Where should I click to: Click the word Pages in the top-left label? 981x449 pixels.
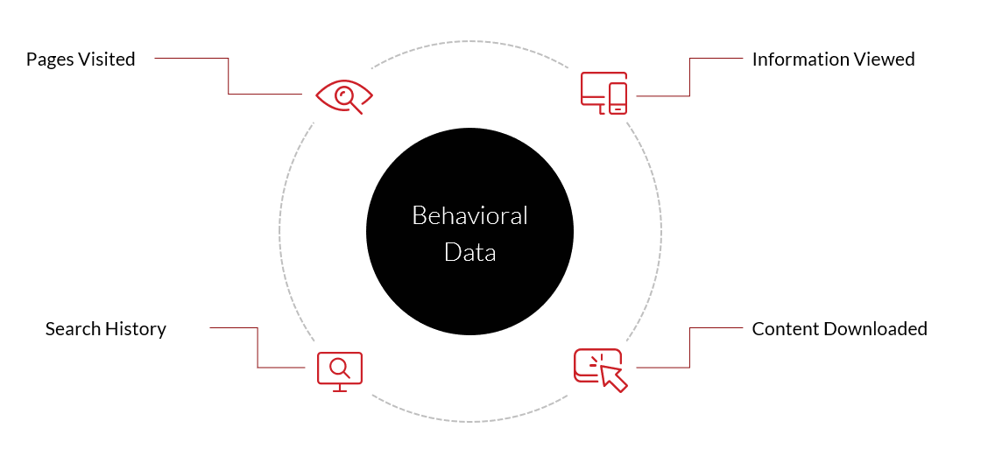pos(48,60)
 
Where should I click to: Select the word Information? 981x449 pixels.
pos(801,60)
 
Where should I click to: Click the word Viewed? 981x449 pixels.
pos(884,60)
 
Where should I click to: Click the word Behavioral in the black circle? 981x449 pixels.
pos(469,215)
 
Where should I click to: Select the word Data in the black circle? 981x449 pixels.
pos(469,253)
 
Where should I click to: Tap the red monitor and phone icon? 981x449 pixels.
pos(603,93)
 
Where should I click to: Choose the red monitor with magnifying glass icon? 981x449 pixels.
pos(340,371)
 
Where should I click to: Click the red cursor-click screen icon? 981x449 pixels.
pos(601,370)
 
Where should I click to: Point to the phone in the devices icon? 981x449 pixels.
pos(618,99)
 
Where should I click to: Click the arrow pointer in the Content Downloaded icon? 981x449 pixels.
pos(612,377)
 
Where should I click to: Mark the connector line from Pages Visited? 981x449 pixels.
pos(229,76)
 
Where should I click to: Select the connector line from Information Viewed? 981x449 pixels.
pos(689,77)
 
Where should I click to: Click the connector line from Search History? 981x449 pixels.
pos(258,347)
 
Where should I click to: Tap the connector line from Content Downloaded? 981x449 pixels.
pos(689,347)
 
